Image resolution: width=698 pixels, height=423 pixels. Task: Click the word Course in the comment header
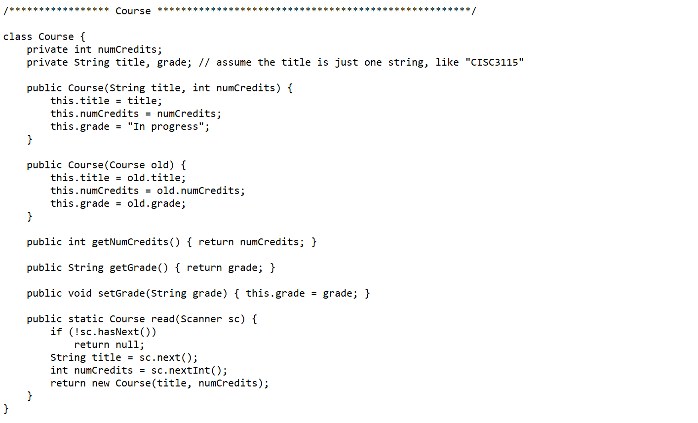pos(133,11)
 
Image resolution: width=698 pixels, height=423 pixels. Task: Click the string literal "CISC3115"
pos(494,62)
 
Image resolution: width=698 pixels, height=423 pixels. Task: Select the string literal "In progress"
pos(168,126)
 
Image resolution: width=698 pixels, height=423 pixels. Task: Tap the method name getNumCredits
pos(130,242)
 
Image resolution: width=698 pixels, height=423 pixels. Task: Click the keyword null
pos(127,345)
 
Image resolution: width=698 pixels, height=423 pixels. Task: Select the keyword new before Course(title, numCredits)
pos(101,383)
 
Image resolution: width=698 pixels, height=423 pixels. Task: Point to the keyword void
pos(80,293)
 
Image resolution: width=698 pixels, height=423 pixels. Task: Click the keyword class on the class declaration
pos(18,37)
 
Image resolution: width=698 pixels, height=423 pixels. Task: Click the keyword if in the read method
pos(56,332)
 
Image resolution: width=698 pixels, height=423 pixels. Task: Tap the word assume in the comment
pos(233,62)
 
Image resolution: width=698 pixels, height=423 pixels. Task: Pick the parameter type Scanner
pos(201,319)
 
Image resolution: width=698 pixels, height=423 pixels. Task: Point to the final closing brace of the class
pos(6,409)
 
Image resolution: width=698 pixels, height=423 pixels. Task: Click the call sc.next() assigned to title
pos(166,357)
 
